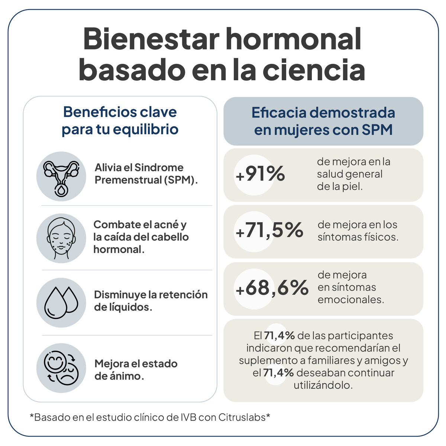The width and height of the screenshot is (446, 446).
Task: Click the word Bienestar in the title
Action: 152,39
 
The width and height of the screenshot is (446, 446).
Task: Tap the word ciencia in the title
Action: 314,71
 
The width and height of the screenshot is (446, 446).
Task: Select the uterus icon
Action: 61,177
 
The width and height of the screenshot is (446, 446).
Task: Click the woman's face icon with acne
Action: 61,238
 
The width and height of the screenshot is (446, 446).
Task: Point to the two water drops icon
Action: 61,303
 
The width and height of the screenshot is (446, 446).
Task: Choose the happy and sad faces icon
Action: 61,368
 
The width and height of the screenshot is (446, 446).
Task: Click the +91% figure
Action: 260,174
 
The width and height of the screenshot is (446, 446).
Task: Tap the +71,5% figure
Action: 269,230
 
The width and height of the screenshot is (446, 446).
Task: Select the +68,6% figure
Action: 272,288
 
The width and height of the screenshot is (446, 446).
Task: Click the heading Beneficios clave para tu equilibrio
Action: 120,120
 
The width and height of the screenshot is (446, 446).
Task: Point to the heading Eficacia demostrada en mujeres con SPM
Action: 323,121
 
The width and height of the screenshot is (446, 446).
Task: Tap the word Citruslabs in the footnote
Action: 242,417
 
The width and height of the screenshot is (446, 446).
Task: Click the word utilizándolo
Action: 323,385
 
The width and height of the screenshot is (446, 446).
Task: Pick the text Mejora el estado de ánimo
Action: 136,369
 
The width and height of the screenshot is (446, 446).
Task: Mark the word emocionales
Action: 350,300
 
